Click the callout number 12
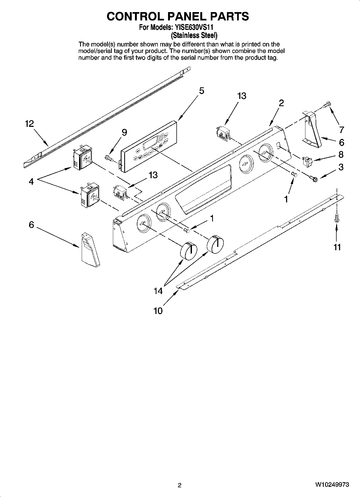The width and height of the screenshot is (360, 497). point(30,124)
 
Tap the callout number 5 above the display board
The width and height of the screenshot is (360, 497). point(201,91)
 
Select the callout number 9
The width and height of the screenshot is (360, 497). point(124,132)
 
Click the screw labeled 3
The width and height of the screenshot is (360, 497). point(313,178)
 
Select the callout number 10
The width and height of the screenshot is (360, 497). point(158,311)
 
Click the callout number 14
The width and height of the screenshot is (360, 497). point(158,291)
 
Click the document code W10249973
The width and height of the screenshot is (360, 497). point(332,485)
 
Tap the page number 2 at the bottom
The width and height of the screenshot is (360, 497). point(180,485)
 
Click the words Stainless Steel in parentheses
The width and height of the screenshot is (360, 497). point(194,35)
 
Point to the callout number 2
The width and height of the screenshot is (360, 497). point(281,103)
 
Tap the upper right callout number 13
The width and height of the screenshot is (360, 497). point(242,96)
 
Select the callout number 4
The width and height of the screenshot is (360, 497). point(31,182)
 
